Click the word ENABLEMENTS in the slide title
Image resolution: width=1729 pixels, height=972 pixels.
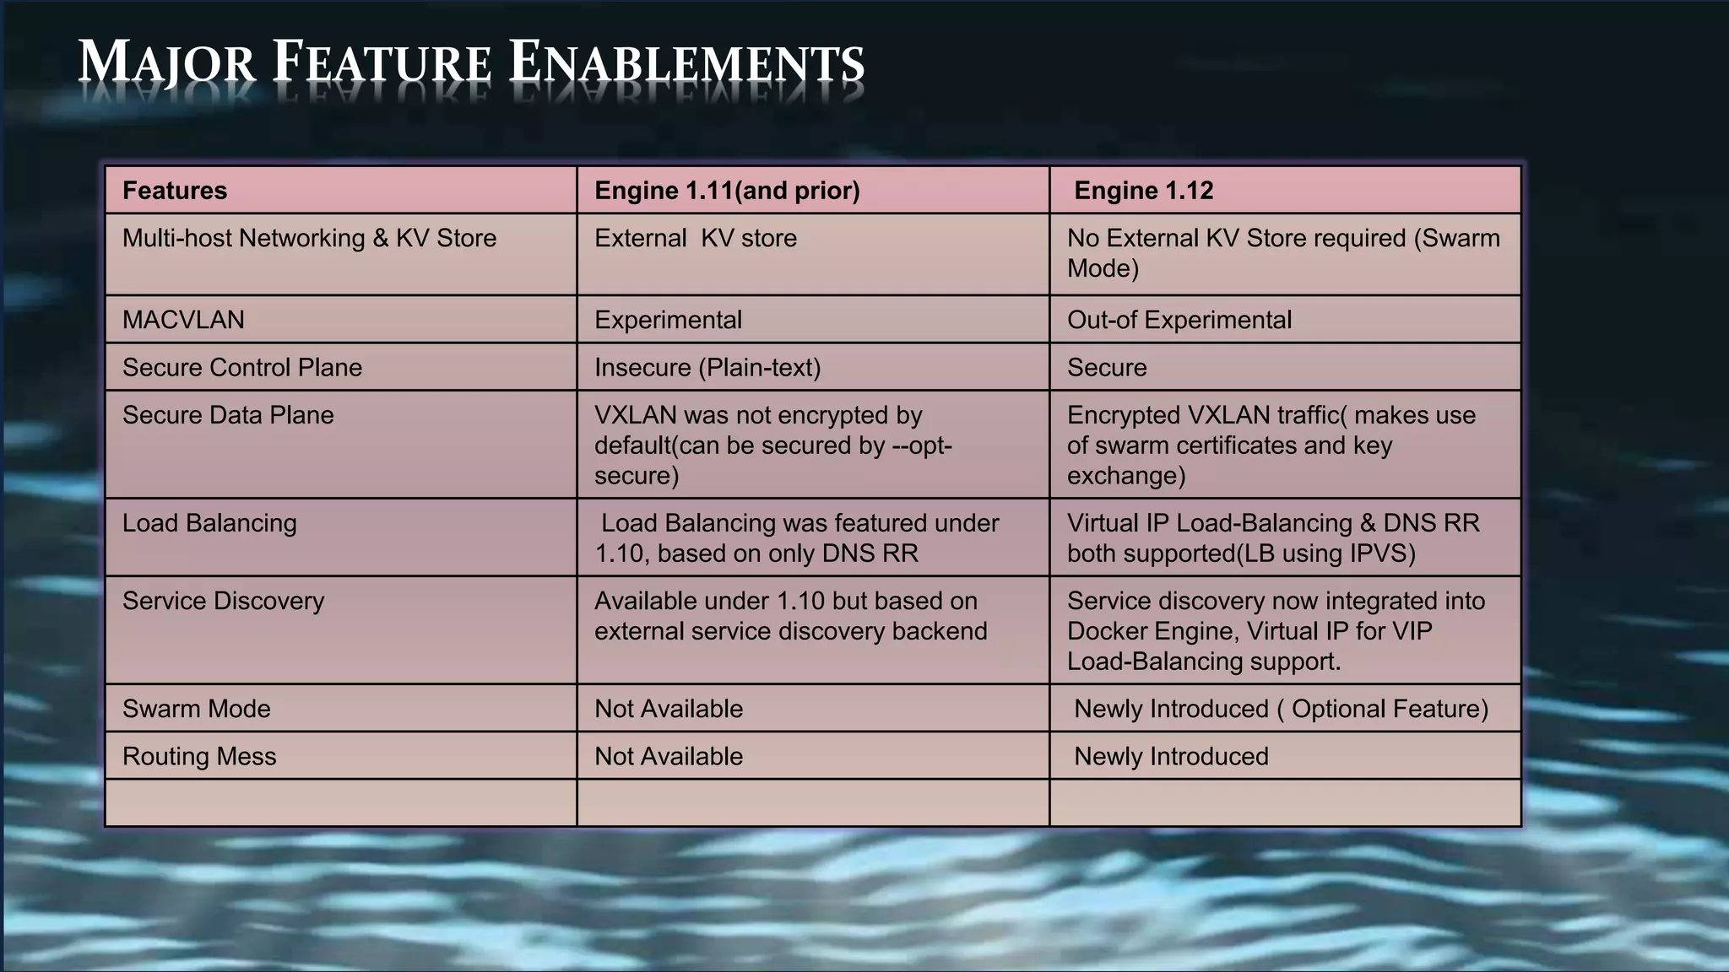(x=687, y=63)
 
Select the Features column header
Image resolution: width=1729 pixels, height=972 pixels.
(x=175, y=191)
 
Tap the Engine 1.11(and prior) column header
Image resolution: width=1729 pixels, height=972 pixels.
(x=727, y=191)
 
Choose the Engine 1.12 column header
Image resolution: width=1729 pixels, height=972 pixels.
(x=1143, y=191)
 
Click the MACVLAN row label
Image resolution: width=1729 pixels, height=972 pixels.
(x=183, y=320)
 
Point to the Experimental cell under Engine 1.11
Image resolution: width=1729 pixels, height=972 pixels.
(x=668, y=320)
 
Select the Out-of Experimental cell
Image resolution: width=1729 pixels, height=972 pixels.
(x=1179, y=320)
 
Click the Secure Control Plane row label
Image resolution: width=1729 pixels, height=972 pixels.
(x=241, y=367)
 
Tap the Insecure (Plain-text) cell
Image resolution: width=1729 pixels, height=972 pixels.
(x=707, y=367)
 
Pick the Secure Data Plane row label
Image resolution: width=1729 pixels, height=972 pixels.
(x=228, y=415)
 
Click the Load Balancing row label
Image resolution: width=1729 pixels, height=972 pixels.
(x=209, y=523)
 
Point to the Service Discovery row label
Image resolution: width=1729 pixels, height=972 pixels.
(x=223, y=601)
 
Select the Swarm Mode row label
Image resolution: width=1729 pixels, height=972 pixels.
(x=196, y=709)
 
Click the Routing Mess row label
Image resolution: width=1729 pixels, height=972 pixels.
(x=199, y=756)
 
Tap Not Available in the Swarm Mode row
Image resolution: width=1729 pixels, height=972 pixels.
(x=668, y=709)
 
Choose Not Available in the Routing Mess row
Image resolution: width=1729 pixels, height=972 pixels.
(x=668, y=756)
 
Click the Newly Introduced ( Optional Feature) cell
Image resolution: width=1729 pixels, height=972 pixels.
(x=1281, y=709)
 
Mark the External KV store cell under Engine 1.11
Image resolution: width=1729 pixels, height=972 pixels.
(x=695, y=238)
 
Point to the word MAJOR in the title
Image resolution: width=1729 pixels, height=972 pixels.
(x=166, y=63)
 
